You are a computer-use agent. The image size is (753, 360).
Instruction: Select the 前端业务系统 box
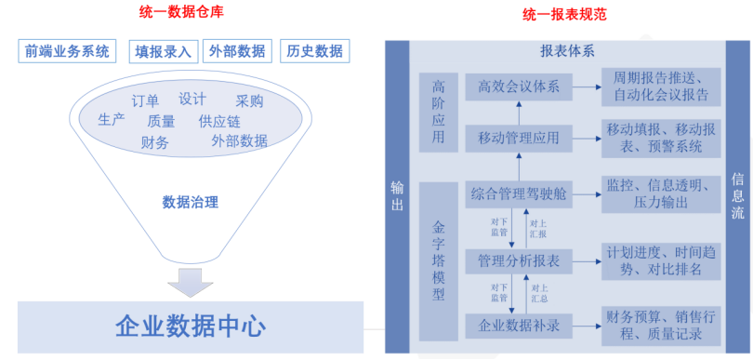[68, 50]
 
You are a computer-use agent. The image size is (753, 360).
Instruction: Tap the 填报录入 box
[163, 50]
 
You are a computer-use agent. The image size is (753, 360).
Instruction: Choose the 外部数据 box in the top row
[236, 50]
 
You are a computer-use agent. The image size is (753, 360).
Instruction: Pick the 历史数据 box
[313, 50]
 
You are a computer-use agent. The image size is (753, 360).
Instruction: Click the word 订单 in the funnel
[144, 100]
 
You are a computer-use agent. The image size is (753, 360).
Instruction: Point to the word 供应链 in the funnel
[219, 121]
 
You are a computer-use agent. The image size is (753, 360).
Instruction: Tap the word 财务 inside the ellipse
[155, 141]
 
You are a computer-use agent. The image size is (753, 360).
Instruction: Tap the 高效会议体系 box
[518, 87]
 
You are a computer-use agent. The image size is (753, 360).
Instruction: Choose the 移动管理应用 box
[518, 139]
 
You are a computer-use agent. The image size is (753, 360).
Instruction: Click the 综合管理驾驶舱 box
[518, 195]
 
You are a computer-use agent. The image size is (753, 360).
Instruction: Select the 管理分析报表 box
[518, 259]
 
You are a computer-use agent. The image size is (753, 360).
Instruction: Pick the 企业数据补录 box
[518, 327]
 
